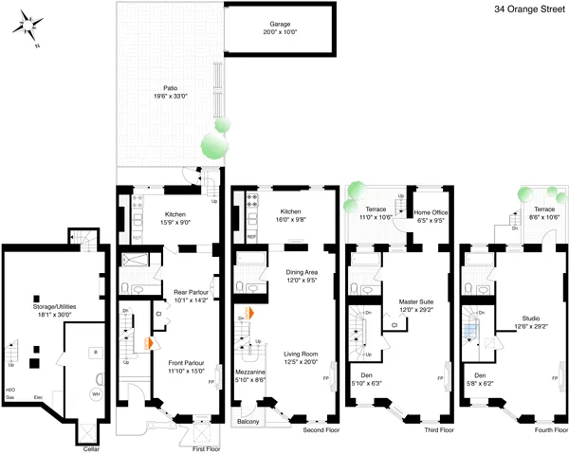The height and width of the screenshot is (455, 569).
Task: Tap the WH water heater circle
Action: (95, 393)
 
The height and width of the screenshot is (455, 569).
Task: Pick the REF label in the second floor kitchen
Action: (251, 237)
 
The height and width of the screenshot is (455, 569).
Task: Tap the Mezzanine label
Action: (251, 374)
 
